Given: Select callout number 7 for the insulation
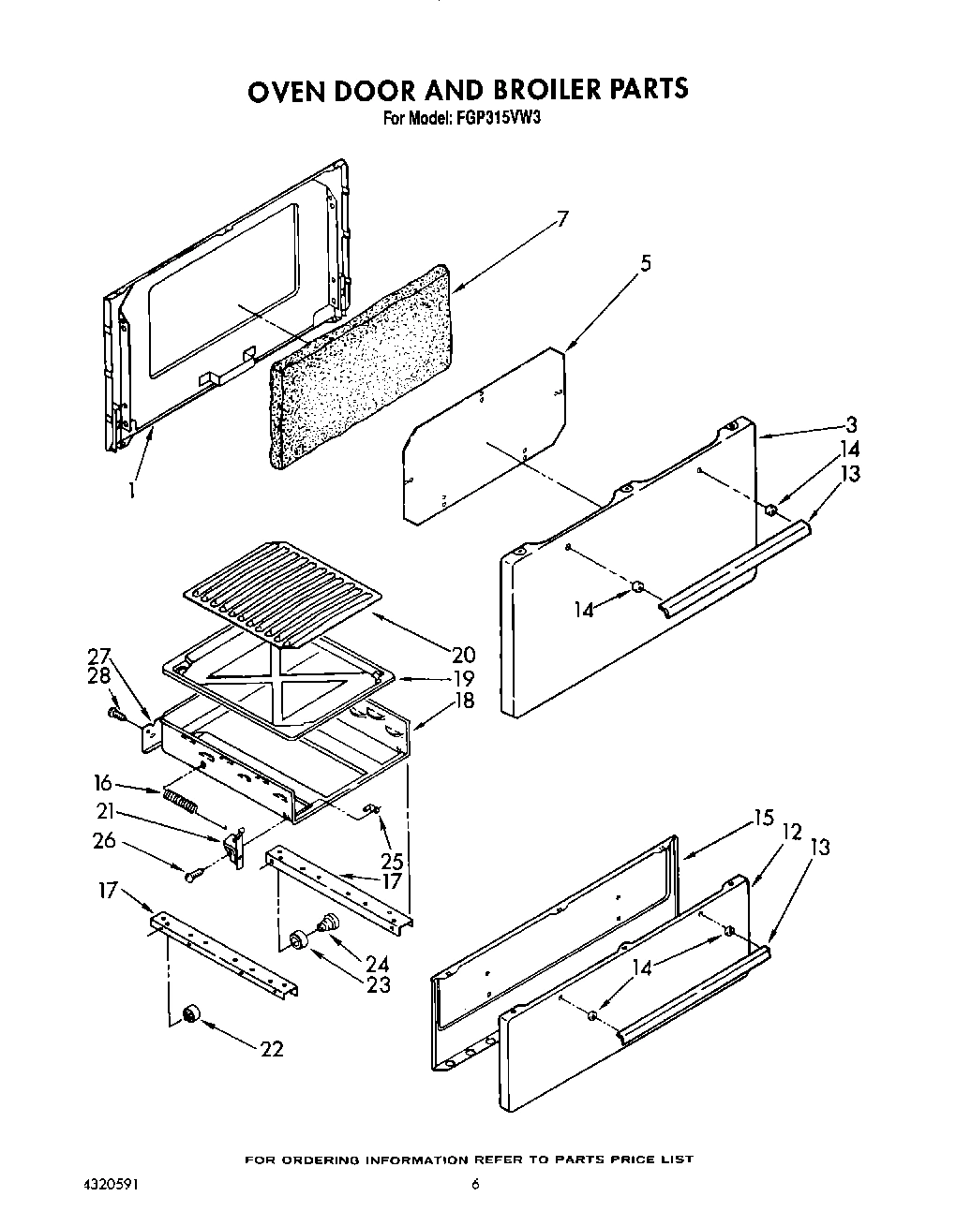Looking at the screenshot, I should point(561,221).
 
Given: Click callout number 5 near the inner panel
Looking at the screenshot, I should point(645,264).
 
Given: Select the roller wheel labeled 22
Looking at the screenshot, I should point(192,1014).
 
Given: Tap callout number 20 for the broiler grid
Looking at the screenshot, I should point(462,655).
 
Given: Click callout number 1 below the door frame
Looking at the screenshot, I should point(131,489).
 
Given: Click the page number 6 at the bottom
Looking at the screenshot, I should point(475,1185).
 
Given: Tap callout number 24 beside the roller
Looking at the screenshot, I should point(378,963).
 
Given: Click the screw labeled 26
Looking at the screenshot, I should point(195,875).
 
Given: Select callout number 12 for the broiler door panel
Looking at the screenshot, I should point(791,830).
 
